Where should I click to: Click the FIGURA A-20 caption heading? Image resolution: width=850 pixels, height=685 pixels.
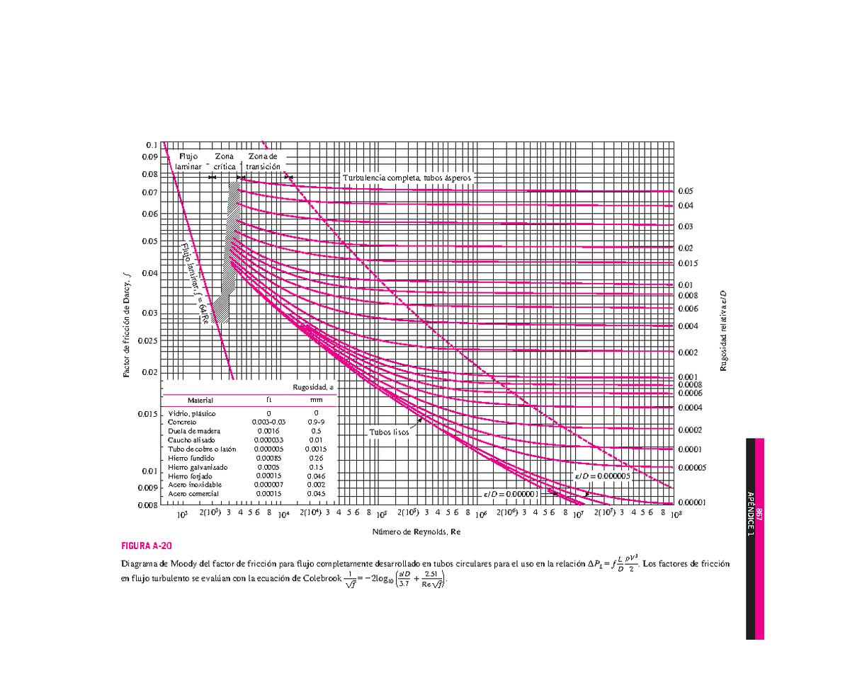pyautogui.click(x=147, y=546)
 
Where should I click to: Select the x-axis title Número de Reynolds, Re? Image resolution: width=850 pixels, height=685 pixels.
pyautogui.click(x=416, y=531)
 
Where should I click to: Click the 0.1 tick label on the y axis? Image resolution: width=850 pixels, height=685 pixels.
pyautogui.click(x=152, y=144)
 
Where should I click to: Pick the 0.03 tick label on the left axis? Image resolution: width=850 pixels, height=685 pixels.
pyautogui.click(x=149, y=313)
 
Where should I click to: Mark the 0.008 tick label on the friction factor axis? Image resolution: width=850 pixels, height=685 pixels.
pyautogui.click(x=147, y=505)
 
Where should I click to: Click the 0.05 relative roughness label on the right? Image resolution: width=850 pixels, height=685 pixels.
pyautogui.click(x=686, y=191)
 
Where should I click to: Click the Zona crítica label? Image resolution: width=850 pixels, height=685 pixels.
pyautogui.click(x=225, y=161)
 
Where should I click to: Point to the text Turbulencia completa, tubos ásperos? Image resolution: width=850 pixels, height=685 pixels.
pyautogui.click(x=407, y=178)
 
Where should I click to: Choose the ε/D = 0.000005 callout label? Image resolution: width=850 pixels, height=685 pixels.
pyautogui.click(x=602, y=476)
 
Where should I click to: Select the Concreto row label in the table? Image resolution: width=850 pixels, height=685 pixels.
pyautogui.click(x=181, y=422)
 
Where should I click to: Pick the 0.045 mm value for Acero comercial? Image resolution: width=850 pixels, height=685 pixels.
pyautogui.click(x=317, y=493)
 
